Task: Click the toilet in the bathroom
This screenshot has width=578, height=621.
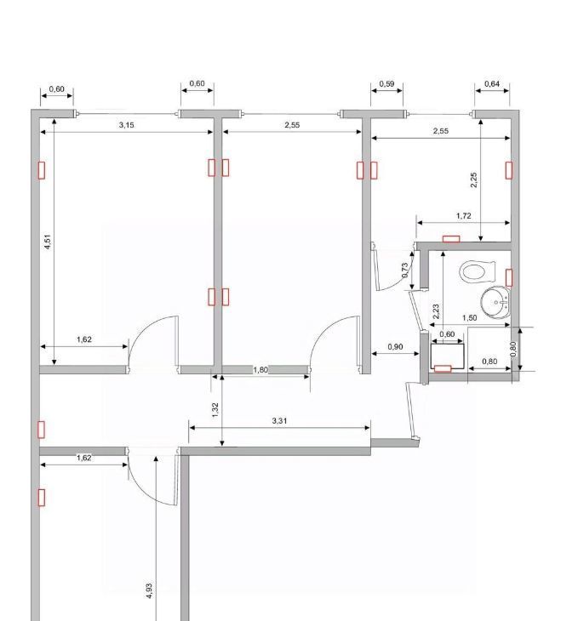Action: pos(478,271)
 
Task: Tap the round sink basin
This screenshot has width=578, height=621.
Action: pos(495,302)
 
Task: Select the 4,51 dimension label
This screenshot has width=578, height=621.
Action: pos(48,242)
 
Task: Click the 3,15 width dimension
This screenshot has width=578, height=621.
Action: pos(127,125)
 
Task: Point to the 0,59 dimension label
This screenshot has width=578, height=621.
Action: pos(386,83)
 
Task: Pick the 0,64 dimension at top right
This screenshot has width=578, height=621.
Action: pos(492,83)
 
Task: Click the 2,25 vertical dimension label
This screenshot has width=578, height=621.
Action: pos(473,179)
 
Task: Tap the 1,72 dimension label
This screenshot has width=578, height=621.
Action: pos(463,215)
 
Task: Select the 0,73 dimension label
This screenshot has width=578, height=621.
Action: pos(404,271)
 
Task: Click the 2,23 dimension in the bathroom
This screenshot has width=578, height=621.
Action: pos(436,311)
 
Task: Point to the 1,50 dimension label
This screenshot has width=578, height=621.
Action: pos(469,317)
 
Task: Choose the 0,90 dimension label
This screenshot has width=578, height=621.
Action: pos(395,346)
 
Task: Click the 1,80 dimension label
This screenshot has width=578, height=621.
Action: pos(260,369)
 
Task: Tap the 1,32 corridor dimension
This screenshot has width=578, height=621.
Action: pos(215,410)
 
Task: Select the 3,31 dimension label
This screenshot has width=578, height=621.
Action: pos(279,420)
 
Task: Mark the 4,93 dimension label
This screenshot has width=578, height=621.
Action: pos(149,590)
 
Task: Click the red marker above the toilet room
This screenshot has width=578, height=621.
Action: pos(451,238)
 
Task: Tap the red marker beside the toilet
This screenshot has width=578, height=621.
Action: pos(509,277)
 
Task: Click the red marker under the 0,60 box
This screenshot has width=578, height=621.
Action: pos(443,368)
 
